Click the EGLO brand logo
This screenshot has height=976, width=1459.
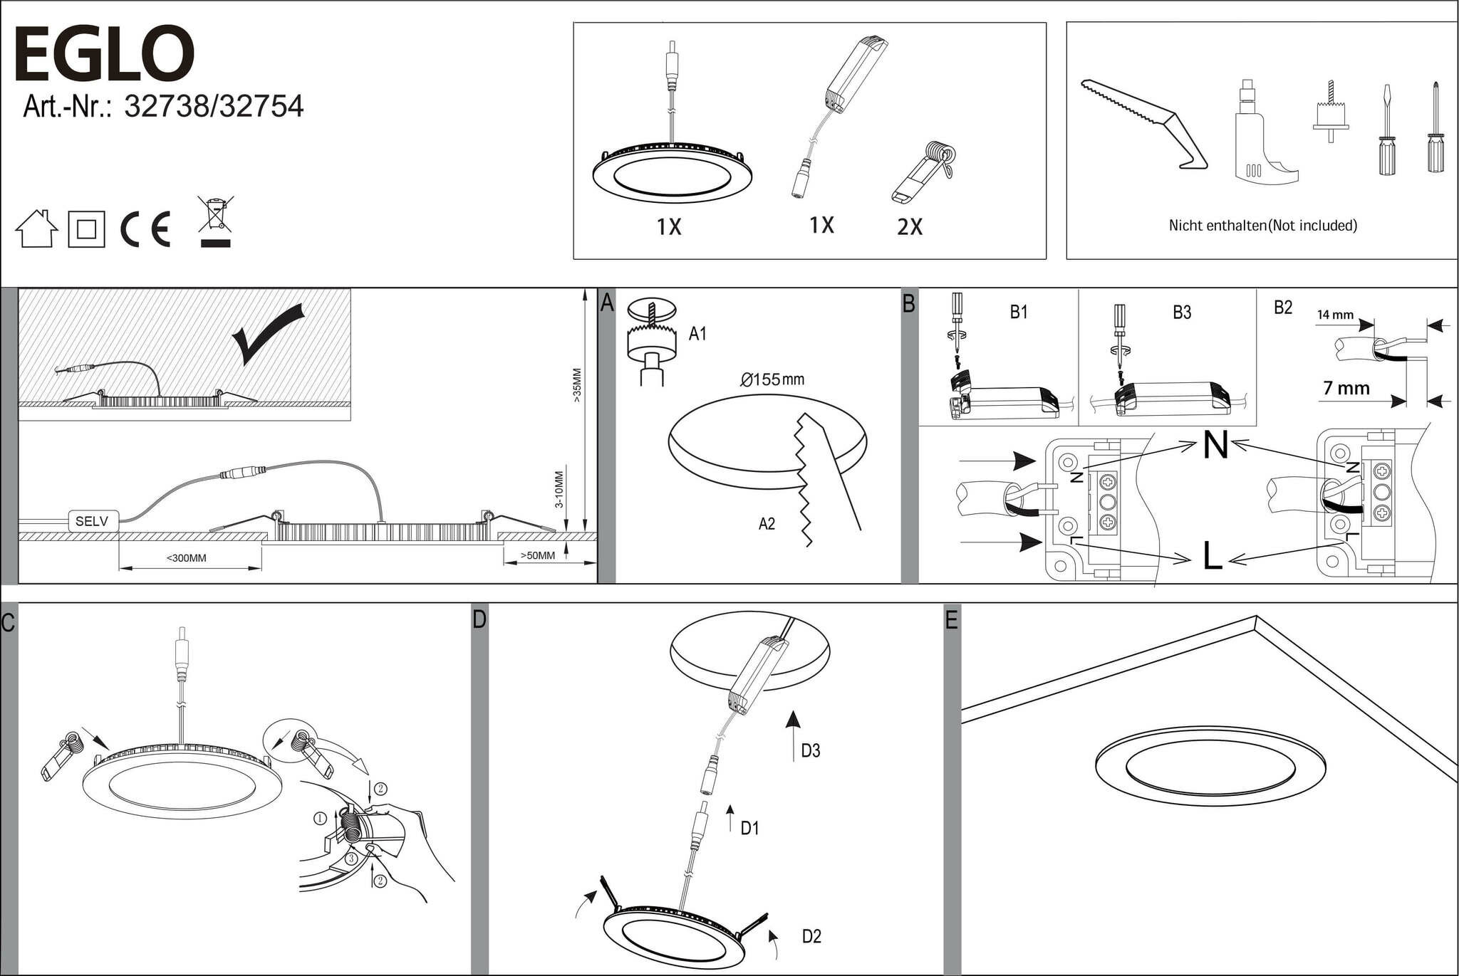[104, 54]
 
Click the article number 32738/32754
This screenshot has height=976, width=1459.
[163, 107]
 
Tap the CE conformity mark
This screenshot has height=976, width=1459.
[145, 229]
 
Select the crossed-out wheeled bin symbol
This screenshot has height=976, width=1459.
[215, 221]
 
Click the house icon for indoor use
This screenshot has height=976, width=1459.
[36, 229]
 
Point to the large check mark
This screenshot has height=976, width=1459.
[269, 333]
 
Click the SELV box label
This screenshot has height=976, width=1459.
[92, 522]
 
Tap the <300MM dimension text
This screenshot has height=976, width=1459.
[187, 558]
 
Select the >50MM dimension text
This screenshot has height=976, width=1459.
[537, 555]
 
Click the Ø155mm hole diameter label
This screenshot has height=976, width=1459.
[772, 379]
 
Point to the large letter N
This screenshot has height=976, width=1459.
[1215, 446]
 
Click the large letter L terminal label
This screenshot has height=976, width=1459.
[1213, 556]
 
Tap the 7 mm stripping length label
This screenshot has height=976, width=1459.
[1346, 389]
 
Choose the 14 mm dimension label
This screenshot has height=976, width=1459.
[1335, 315]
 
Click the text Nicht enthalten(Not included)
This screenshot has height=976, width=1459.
[1262, 226]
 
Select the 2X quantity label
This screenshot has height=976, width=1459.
[910, 227]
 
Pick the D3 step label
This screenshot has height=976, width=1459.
[811, 750]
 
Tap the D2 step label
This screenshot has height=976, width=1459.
[811, 936]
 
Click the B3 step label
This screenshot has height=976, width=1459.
[1182, 313]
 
